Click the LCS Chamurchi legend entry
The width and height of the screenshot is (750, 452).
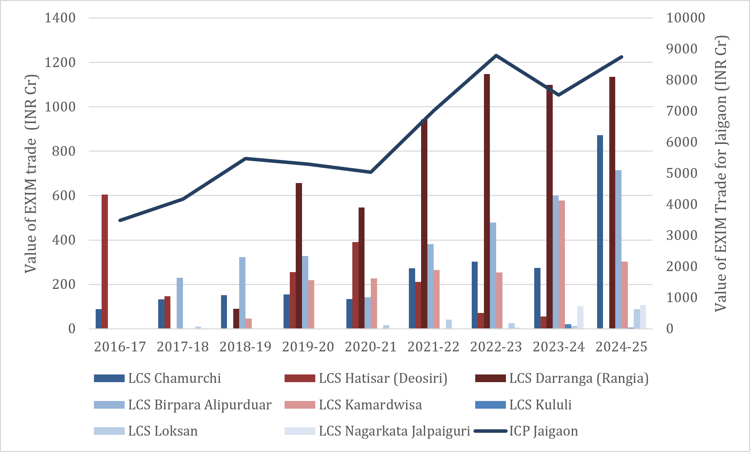click(x=157, y=378)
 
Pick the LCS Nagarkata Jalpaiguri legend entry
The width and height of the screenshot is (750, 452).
click(x=377, y=431)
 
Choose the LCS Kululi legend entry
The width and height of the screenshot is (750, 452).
click(x=523, y=405)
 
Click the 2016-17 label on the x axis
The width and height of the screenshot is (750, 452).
click(x=120, y=347)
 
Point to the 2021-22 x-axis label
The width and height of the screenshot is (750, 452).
click(x=433, y=347)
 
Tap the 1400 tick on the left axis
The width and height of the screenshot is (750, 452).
click(x=60, y=18)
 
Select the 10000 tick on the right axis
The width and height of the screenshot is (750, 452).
click(x=685, y=18)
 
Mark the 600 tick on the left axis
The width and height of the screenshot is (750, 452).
click(x=64, y=196)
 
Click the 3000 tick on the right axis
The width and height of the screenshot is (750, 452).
click(x=682, y=235)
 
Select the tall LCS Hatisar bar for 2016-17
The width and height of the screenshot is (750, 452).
click(x=105, y=262)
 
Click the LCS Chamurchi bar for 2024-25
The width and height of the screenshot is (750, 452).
click(x=600, y=232)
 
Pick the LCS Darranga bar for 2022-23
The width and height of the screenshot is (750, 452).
click(x=487, y=201)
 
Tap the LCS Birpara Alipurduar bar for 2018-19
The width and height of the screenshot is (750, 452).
click(x=242, y=293)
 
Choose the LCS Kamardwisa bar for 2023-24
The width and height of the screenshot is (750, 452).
click(x=562, y=264)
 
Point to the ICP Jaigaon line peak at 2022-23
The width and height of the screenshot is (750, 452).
click(x=496, y=55)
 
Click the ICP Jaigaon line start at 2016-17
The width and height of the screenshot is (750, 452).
click(x=120, y=220)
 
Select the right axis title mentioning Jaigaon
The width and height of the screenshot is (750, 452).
click(x=721, y=173)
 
